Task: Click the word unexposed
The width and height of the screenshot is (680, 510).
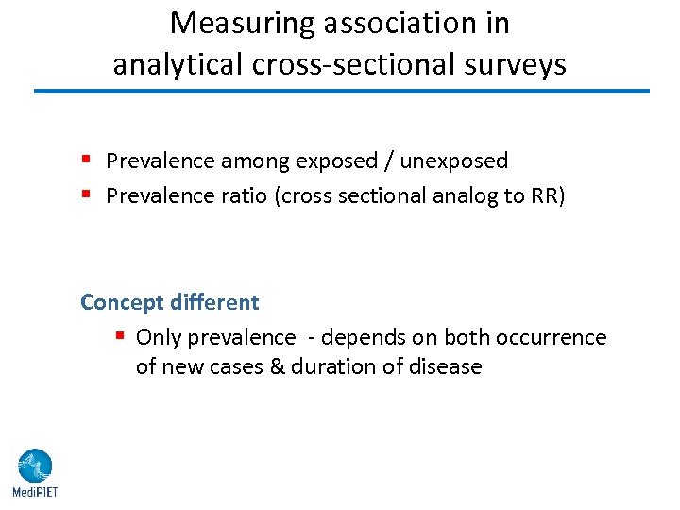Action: point(454,161)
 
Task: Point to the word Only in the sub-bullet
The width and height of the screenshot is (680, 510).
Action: point(159,338)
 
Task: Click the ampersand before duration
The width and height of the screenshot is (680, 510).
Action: point(277,366)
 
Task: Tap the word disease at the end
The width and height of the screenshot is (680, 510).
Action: point(446,366)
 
